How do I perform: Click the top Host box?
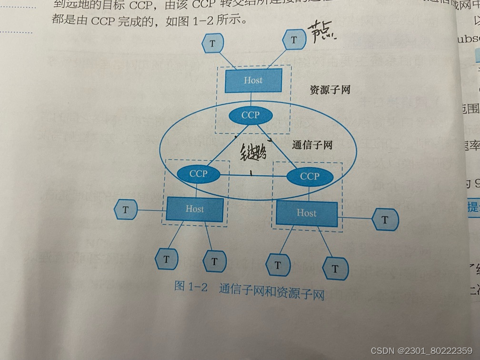(x=253, y=80)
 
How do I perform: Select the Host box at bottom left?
(x=194, y=209)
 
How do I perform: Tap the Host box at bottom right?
(x=306, y=213)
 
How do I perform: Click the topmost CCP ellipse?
(x=250, y=115)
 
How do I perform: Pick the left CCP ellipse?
(x=198, y=174)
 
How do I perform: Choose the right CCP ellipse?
(x=310, y=176)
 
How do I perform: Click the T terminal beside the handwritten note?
(x=294, y=40)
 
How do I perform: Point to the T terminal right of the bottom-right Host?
(x=384, y=220)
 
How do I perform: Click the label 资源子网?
(x=330, y=90)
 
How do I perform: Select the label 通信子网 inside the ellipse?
(x=312, y=145)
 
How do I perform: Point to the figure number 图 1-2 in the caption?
(x=191, y=287)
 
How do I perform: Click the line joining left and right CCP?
(x=253, y=175)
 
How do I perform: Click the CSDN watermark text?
(x=421, y=350)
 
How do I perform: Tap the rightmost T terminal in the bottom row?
(x=335, y=269)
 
